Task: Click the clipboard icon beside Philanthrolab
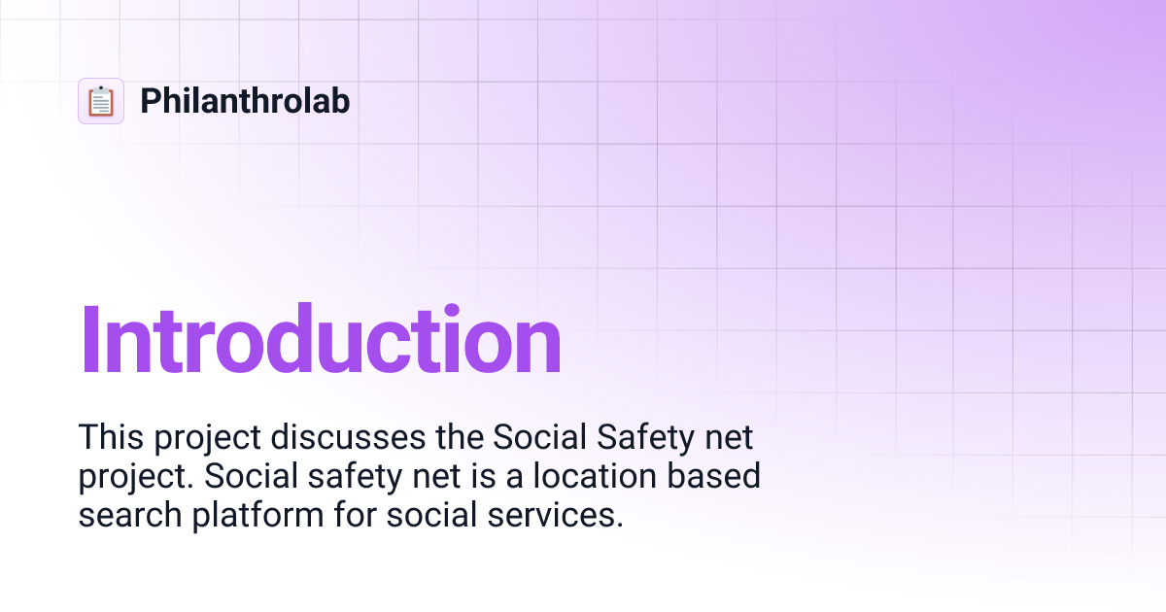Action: pyautogui.click(x=101, y=101)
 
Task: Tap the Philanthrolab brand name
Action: pyautogui.click(x=245, y=101)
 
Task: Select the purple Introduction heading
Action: pyautogui.click(x=321, y=341)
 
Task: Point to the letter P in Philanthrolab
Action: pyautogui.click(x=150, y=101)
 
